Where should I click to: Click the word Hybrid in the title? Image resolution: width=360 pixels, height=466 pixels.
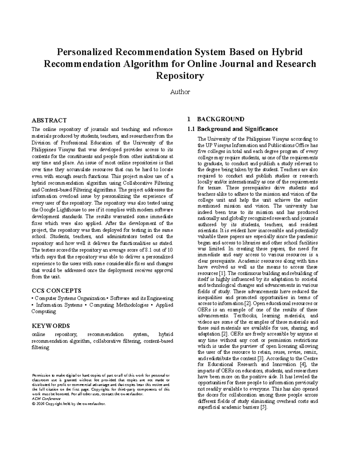coord(286,52)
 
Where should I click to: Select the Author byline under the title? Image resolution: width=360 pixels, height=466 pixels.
coord(180,92)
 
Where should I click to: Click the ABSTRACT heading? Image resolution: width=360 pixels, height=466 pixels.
coord(49,120)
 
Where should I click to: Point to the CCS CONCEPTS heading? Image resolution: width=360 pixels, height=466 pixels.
coord(56,290)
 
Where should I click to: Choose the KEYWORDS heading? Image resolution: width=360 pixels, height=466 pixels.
coord(51,326)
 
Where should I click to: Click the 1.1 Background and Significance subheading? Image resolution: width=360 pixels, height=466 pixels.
coord(232,129)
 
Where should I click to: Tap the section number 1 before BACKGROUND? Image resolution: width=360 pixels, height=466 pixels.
coord(189,119)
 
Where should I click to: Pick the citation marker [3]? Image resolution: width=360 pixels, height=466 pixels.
coord(261,358)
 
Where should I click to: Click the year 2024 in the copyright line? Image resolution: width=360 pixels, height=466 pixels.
coord(40,404)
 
